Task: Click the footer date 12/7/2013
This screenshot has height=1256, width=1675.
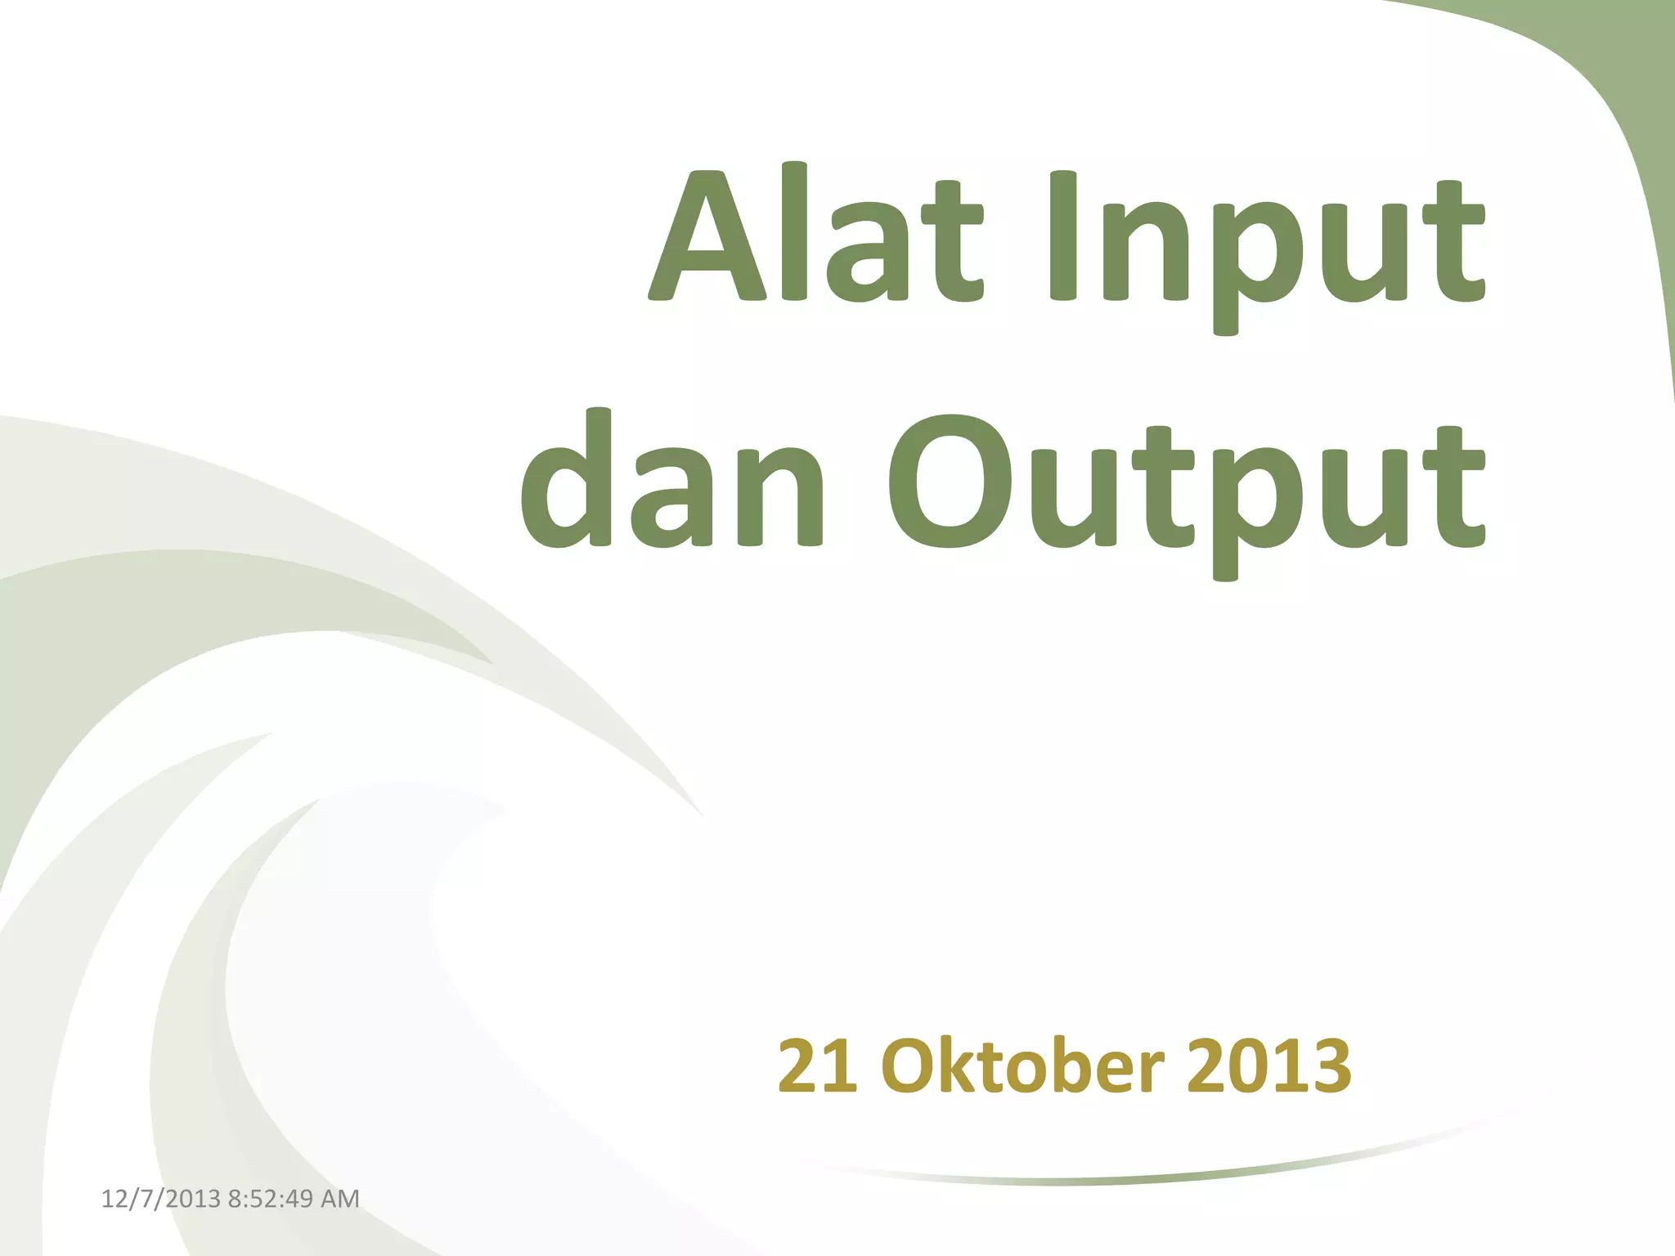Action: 160,1199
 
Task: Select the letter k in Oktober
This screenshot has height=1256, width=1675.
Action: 960,1065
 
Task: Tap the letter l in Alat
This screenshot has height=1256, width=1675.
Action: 794,231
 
